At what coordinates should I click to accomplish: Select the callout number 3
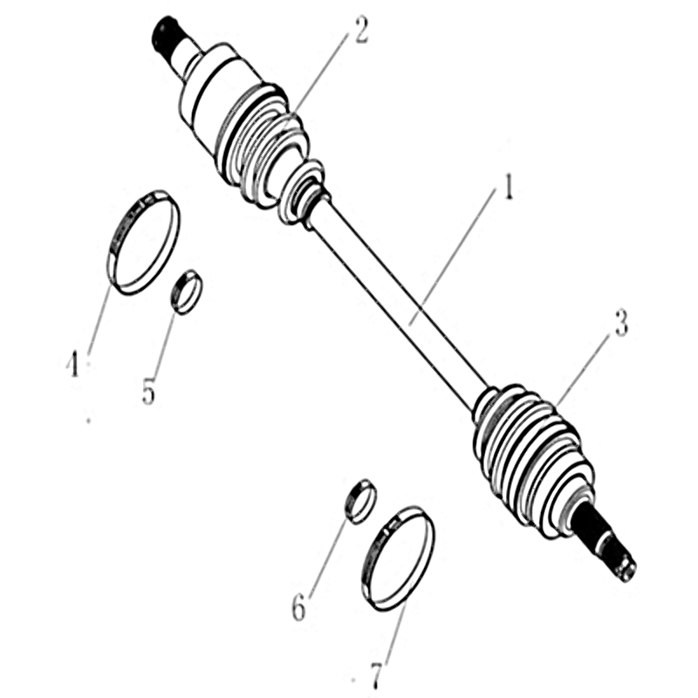click(621, 323)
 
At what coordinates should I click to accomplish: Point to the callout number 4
click(72, 363)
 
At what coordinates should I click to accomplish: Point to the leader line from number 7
click(396, 628)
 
